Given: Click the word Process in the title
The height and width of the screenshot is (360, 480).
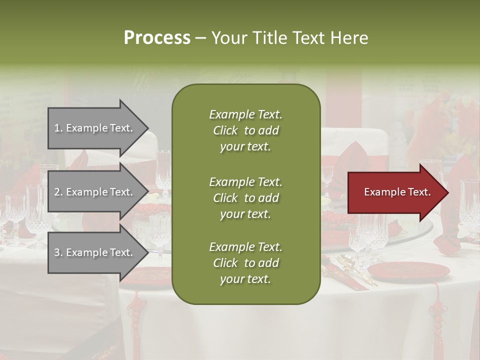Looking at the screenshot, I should click(157, 37).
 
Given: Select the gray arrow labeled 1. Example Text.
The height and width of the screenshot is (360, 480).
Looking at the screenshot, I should click(95, 128).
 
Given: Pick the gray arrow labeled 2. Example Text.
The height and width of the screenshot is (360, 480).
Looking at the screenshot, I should click(95, 192).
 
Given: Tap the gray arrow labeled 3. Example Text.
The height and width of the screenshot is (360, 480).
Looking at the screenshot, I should click(95, 252).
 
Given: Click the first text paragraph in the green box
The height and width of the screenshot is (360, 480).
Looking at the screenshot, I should click(245, 130).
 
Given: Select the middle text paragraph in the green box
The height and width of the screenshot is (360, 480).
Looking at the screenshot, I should click(245, 198).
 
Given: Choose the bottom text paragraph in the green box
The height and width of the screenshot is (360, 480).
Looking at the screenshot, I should click(245, 263).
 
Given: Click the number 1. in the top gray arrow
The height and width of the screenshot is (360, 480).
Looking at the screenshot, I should click(58, 128).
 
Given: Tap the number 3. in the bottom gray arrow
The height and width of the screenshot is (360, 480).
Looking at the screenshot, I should click(58, 252).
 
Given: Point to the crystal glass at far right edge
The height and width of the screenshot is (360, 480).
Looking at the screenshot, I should click(470, 205).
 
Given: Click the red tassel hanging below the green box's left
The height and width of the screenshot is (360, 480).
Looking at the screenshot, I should click(136, 320).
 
